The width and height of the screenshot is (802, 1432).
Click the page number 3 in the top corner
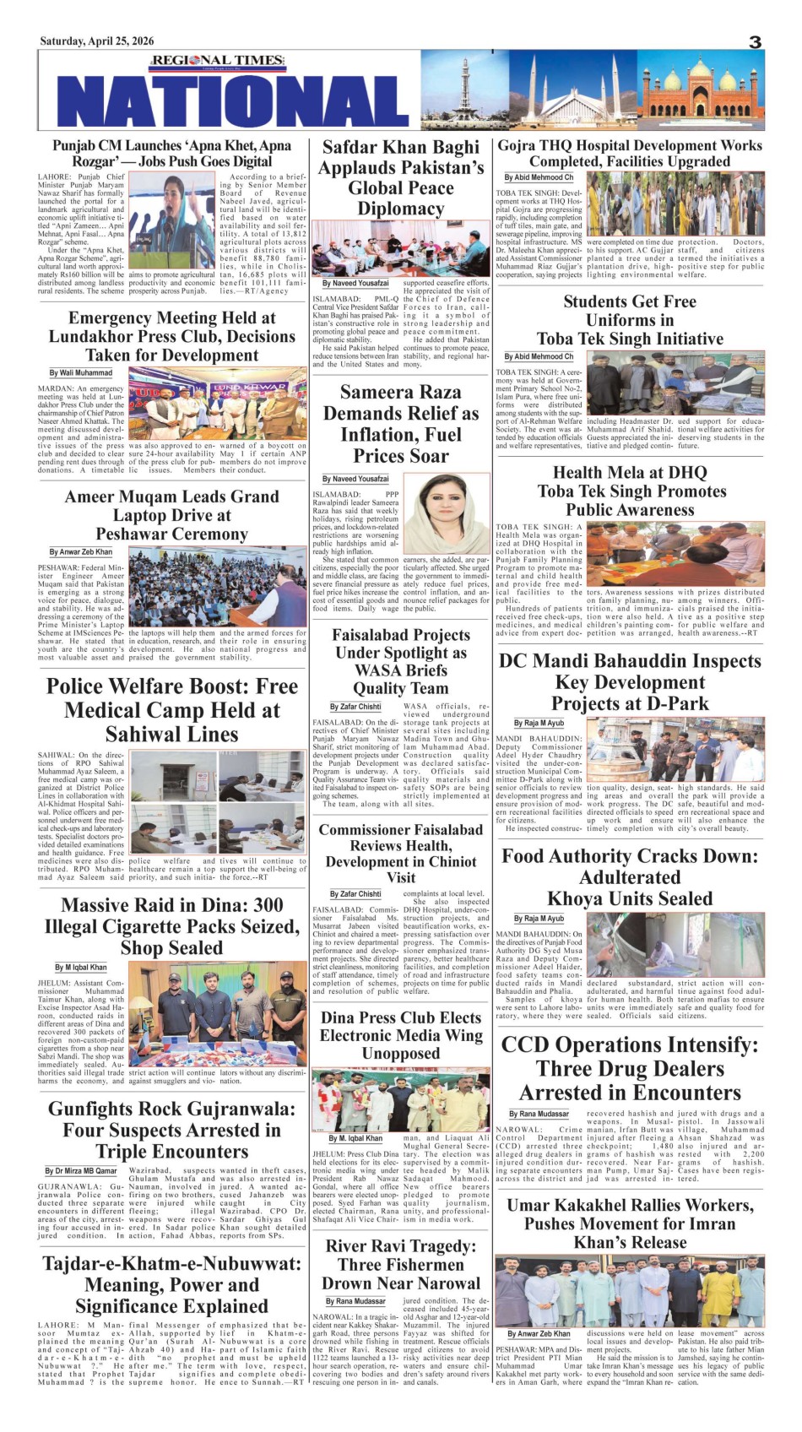[x=755, y=42]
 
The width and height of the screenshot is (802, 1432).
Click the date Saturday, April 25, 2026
[x=97, y=41]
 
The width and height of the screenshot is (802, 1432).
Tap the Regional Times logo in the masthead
[x=217, y=61]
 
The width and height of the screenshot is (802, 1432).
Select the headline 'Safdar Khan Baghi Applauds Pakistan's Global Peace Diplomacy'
[x=401, y=178]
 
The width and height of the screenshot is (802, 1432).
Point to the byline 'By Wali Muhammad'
[x=81, y=372]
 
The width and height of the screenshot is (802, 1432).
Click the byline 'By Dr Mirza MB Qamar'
[x=81, y=1171]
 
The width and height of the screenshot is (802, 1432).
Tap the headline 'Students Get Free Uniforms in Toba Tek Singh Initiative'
[x=630, y=320]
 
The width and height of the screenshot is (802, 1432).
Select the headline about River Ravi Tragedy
[x=401, y=1264]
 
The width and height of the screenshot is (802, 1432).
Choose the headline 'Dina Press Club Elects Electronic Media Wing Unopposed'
[x=401, y=1035]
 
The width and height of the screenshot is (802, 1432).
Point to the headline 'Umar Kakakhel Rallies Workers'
[x=630, y=1223]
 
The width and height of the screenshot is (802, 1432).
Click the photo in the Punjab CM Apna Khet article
[x=172, y=222]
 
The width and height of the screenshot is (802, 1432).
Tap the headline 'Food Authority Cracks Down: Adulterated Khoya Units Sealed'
[x=630, y=877]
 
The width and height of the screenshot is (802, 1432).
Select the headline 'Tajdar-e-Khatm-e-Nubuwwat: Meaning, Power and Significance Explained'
[x=171, y=1285]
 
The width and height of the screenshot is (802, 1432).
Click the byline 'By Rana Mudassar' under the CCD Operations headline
[x=539, y=1114]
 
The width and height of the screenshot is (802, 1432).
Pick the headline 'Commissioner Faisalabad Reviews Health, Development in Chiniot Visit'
[x=401, y=854]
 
